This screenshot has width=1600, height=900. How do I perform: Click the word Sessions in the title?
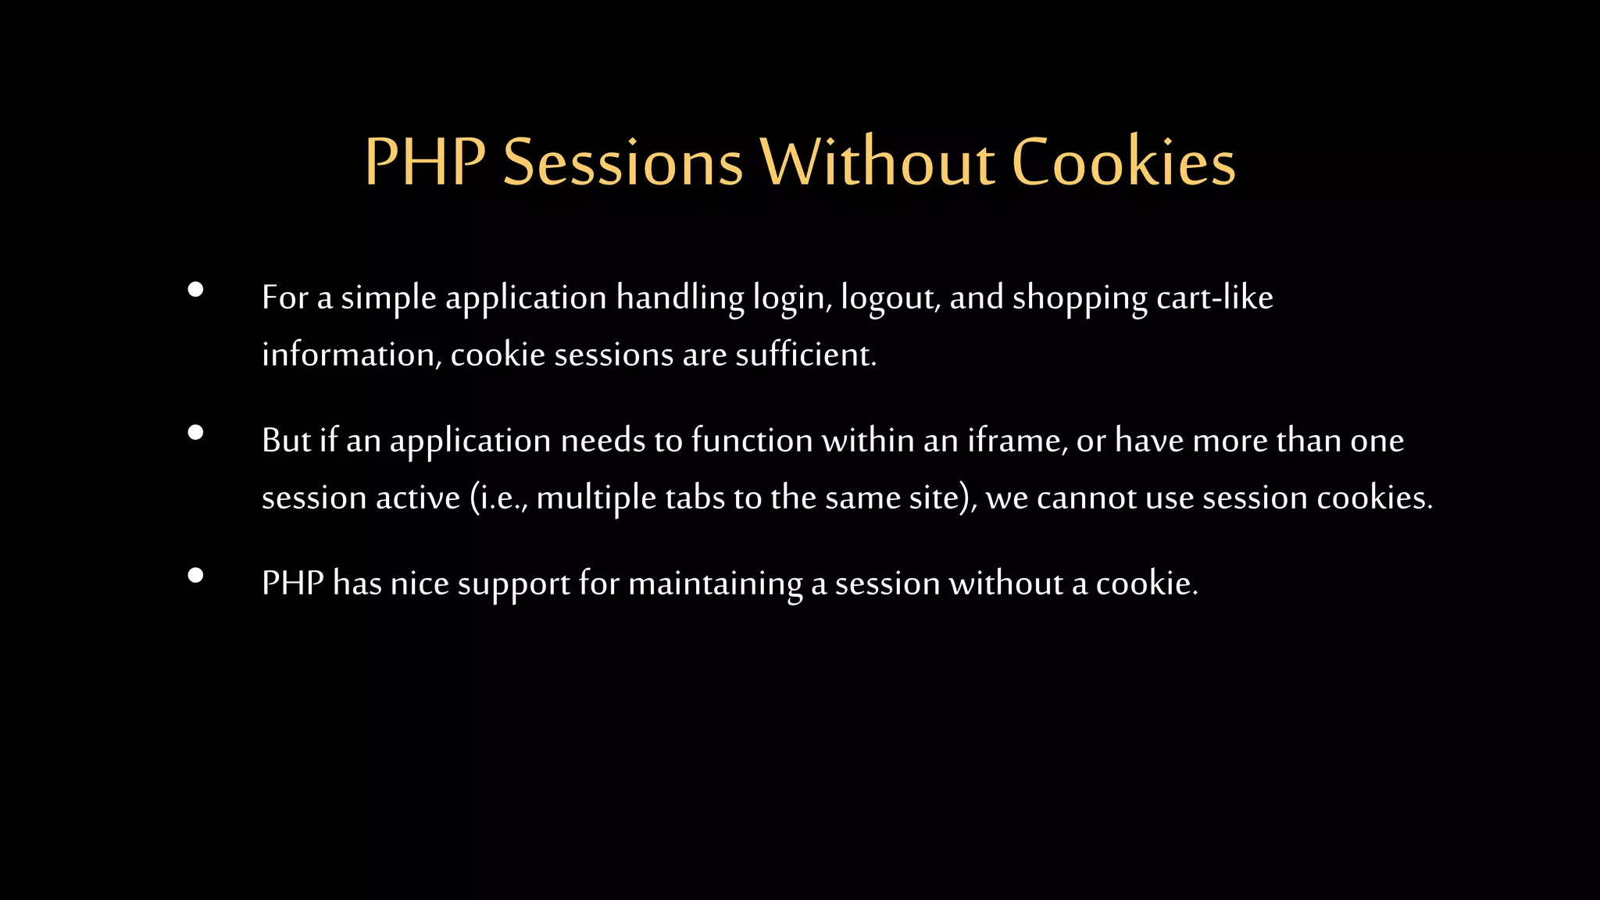622,163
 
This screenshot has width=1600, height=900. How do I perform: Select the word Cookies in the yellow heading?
1123,163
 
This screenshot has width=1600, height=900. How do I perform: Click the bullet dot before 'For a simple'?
196,290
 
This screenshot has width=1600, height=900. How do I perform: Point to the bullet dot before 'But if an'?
196,433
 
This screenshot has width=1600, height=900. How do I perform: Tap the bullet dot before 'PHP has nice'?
196,576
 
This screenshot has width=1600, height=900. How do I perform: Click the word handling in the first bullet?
680,298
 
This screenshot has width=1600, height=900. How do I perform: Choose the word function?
752,441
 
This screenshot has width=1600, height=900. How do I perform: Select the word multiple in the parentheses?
596,498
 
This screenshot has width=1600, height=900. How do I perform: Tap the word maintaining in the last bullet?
715,584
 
